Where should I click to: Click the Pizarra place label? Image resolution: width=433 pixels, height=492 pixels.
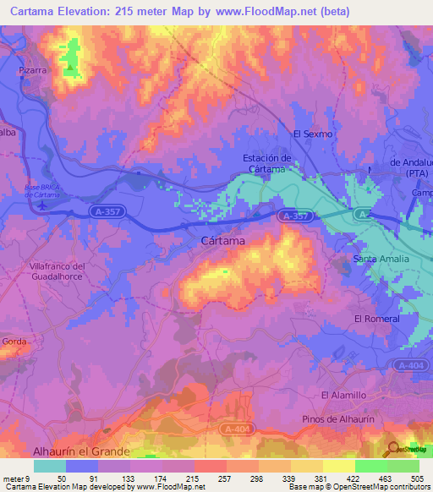(x=32, y=72)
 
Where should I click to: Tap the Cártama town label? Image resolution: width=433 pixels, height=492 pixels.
(x=224, y=241)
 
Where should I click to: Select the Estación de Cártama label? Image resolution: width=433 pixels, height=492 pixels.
(x=266, y=163)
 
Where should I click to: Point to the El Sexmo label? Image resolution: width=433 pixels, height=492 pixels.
(x=313, y=134)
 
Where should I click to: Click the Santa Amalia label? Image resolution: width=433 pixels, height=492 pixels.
(x=381, y=258)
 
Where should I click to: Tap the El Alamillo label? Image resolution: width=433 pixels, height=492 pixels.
(x=343, y=395)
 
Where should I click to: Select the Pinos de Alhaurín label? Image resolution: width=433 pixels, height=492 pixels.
(x=336, y=419)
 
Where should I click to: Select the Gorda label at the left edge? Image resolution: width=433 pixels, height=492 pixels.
(x=14, y=342)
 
